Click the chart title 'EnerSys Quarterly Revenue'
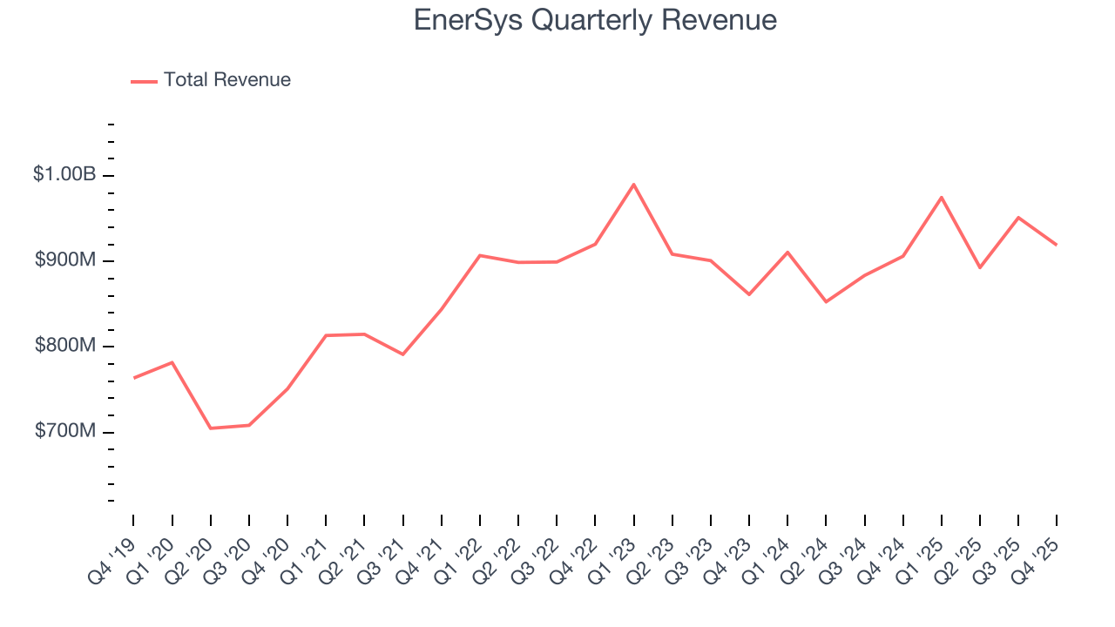(x=595, y=19)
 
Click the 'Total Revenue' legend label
(x=226, y=80)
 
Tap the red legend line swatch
(x=144, y=81)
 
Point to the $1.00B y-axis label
(x=64, y=175)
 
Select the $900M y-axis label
(x=65, y=260)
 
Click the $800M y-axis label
(x=65, y=346)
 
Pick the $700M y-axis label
(x=65, y=431)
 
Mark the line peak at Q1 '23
(x=633, y=185)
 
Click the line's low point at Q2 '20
(x=210, y=428)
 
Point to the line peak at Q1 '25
(x=942, y=198)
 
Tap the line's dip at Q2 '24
(x=826, y=301)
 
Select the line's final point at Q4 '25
(x=1057, y=245)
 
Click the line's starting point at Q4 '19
(x=133, y=378)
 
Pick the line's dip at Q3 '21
(x=402, y=354)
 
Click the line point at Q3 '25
(x=1018, y=218)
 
